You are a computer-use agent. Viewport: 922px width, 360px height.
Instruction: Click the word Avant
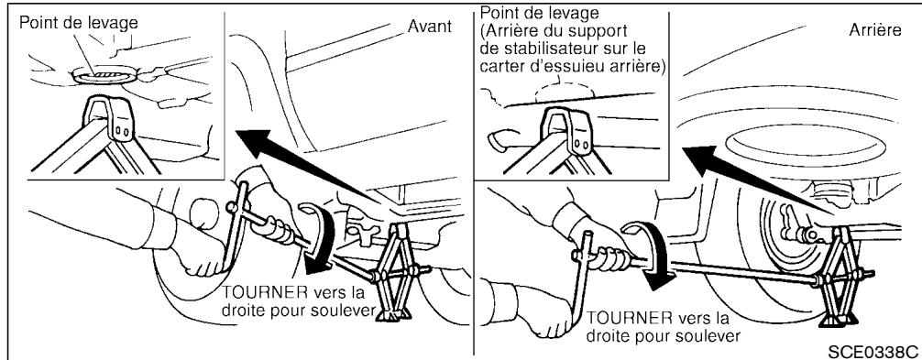430,27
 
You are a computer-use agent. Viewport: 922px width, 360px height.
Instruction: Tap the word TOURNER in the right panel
624,318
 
